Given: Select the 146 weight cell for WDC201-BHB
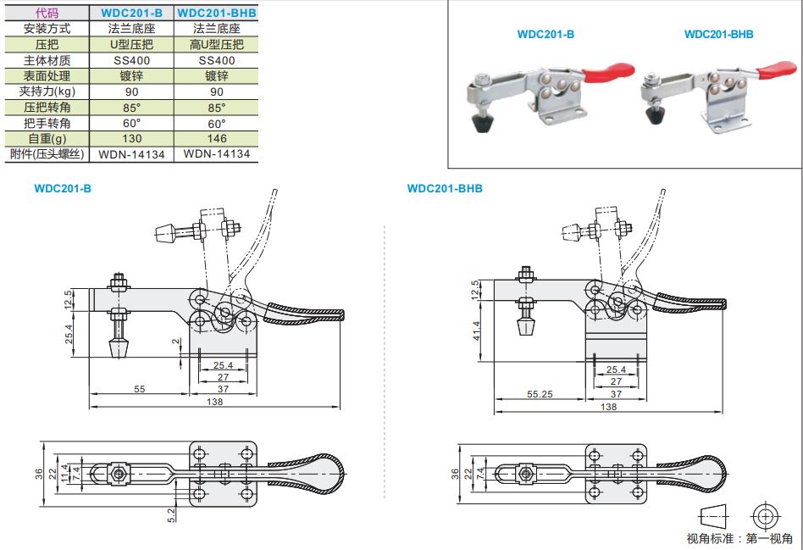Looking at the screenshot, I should (x=216, y=139).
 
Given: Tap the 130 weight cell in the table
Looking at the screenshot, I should (x=131, y=139).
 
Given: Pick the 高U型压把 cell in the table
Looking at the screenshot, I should (x=216, y=44).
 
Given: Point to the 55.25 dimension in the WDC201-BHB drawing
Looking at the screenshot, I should (x=540, y=395).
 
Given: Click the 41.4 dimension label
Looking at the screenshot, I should (x=477, y=331).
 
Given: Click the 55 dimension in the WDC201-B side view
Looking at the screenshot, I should (x=138, y=389).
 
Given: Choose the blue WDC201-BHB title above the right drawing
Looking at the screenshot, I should (x=445, y=188).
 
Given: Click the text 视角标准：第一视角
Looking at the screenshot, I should (x=739, y=539).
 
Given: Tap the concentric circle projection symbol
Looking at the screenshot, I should (x=765, y=516).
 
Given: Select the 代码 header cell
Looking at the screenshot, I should (x=47, y=13).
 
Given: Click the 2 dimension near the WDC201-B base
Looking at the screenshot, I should (x=175, y=343).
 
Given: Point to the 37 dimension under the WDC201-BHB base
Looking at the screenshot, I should (x=616, y=394).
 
